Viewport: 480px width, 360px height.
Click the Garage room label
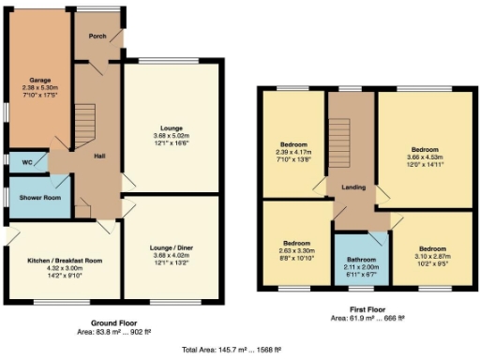(x=39, y=80)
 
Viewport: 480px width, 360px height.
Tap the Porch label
(x=97, y=37)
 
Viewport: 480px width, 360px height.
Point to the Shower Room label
(x=34, y=197)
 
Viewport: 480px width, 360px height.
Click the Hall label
(x=99, y=157)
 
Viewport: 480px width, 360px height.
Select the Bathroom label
(x=362, y=259)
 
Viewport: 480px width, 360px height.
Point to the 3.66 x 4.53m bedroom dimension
(x=425, y=157)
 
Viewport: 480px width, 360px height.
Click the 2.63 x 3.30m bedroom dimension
(x=295, y=249)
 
